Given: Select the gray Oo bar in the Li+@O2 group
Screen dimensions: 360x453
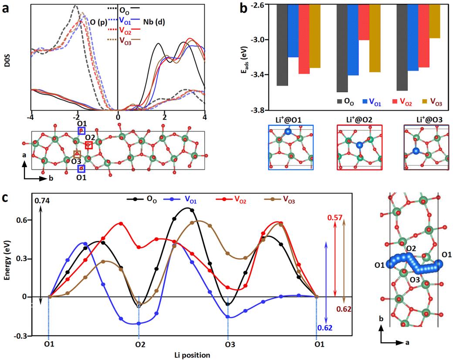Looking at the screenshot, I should [x=342, y=48].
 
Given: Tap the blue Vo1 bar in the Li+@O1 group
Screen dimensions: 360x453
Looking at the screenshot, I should [x=293, y=30].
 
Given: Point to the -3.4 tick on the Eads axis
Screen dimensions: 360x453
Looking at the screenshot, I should [x=260, y=75].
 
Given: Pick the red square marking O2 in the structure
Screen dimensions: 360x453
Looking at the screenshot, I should [x=89, y=145].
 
